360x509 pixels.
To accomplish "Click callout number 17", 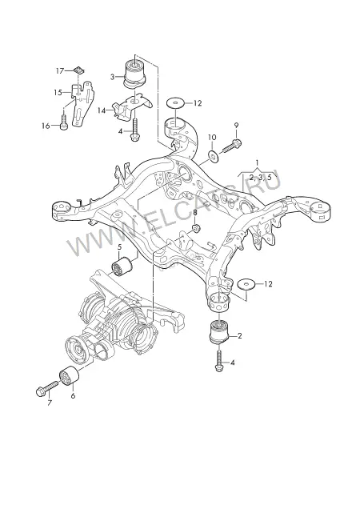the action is [60, 70].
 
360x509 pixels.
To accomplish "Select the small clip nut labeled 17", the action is [78, 70].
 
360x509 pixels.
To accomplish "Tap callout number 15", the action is [58, 93].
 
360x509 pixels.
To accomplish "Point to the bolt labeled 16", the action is [64, 121].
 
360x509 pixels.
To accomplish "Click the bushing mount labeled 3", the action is [135, 73].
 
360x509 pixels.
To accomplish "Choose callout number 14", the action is [102, 110].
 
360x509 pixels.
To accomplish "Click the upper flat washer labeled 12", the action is [175, 103].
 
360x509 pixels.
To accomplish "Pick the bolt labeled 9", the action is [231, 145].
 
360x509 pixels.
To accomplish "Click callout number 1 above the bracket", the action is [257, 162].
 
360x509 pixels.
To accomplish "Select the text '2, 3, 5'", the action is [260, 177].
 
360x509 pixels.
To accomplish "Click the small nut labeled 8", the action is [196, 228].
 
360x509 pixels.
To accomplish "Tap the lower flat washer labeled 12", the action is [247, 284].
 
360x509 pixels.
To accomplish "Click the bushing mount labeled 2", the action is [220, 332].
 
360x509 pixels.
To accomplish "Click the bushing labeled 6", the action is [69, 376].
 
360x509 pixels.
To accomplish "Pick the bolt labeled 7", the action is [46, 388].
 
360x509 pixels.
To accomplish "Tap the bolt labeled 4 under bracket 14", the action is [134, 130].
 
